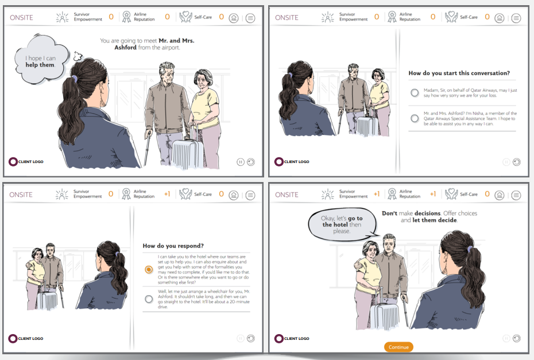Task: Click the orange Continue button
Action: pos(398,347)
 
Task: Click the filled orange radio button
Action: pos(149,269)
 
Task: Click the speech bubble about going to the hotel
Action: pos(342,224)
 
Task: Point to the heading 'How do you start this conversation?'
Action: pos(459,73)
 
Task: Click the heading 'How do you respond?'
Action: pos(173,246)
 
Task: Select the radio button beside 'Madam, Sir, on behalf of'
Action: pos(415,92)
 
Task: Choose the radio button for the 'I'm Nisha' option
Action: pos(415,118)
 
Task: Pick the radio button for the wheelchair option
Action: pos(149,299)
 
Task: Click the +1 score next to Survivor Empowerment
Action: pos(376,194)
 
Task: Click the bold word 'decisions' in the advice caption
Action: pos(427,213)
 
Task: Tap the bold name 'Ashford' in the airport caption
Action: pos(125,47)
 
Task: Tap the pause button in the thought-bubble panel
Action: pos(241,162)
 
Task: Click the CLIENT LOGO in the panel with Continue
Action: pos(292,339)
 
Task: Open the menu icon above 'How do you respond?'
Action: pos(250,195)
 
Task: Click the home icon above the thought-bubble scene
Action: pos(234,18)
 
